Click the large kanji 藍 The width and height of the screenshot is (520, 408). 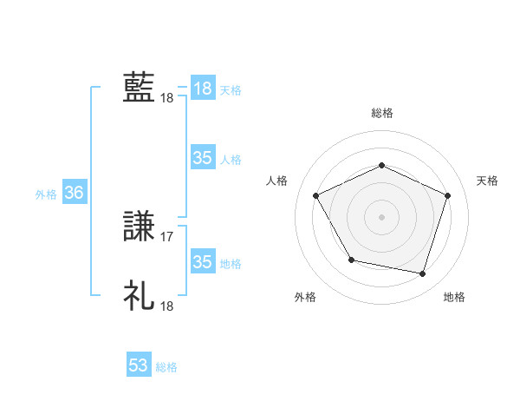point(139,88)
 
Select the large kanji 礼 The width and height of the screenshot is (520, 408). point(139,296)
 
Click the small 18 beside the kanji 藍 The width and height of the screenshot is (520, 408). point(167,98)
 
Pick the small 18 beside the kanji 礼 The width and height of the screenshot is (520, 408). point(167,306)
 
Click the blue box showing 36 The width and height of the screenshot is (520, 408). point(74,194)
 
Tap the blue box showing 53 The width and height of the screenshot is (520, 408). point(139,365)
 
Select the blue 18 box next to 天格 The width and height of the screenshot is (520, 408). point(203,89)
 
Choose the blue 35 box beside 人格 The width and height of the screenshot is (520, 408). point(203,158)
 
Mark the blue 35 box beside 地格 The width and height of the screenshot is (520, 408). point(203,262)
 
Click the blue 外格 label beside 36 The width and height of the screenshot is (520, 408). point(46,194)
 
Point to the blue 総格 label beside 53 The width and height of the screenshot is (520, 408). point(166,367)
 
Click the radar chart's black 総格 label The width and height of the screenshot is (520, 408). point(382,113)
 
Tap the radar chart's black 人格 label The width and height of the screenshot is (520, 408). point(276,181)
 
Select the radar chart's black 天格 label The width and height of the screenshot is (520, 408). point(487,181)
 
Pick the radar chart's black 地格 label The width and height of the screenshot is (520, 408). point(454,297)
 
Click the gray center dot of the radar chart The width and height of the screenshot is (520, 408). point(381,216)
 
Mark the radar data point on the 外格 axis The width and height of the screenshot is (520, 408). point(351,260)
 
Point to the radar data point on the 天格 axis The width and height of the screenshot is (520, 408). point(447,195)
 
